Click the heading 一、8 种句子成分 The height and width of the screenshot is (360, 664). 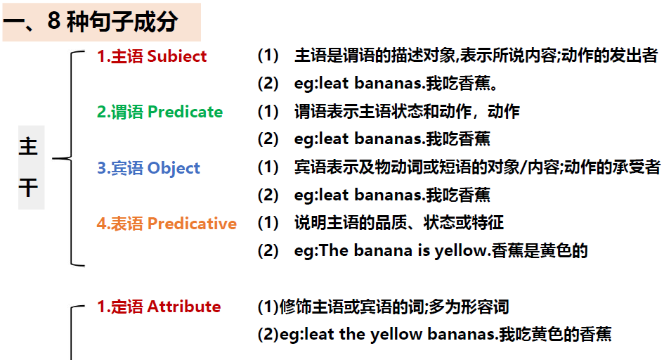tap(91, 22)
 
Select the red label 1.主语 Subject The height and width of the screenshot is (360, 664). tap(152, 56)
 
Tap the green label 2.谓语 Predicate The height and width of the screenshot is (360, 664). tap(160, 112)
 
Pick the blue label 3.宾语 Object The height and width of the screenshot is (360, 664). tap(148, 168)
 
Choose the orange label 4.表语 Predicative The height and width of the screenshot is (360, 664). tap(167, 224)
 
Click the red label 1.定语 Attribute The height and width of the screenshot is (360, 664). tap(159, 307)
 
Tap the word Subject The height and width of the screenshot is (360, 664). tap(177, 56)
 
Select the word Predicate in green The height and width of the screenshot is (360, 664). tap(185, 112)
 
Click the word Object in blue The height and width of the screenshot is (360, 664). tap(174, 168)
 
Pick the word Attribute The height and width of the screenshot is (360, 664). tap(184, 307)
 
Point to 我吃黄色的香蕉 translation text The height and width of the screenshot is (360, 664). tap(555, 334)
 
